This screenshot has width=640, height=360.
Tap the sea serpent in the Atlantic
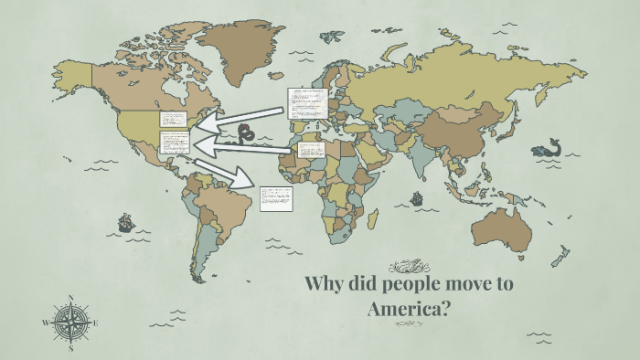point(244,135)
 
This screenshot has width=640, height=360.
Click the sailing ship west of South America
point(125,221)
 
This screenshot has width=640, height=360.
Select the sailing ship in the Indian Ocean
point(418,196)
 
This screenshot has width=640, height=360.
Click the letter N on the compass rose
point(70,297)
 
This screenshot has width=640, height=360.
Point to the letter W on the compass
point(46,323)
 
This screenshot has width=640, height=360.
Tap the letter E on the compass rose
point(95,323)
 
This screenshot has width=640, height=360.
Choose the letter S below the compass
point(70,348)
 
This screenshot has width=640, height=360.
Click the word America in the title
point(410,310)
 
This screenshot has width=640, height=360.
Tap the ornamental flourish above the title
point(409,266)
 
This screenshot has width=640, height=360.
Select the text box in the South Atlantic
point(276,198)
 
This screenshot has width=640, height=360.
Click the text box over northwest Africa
point(308,148)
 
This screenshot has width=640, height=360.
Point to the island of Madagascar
point(373,218)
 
